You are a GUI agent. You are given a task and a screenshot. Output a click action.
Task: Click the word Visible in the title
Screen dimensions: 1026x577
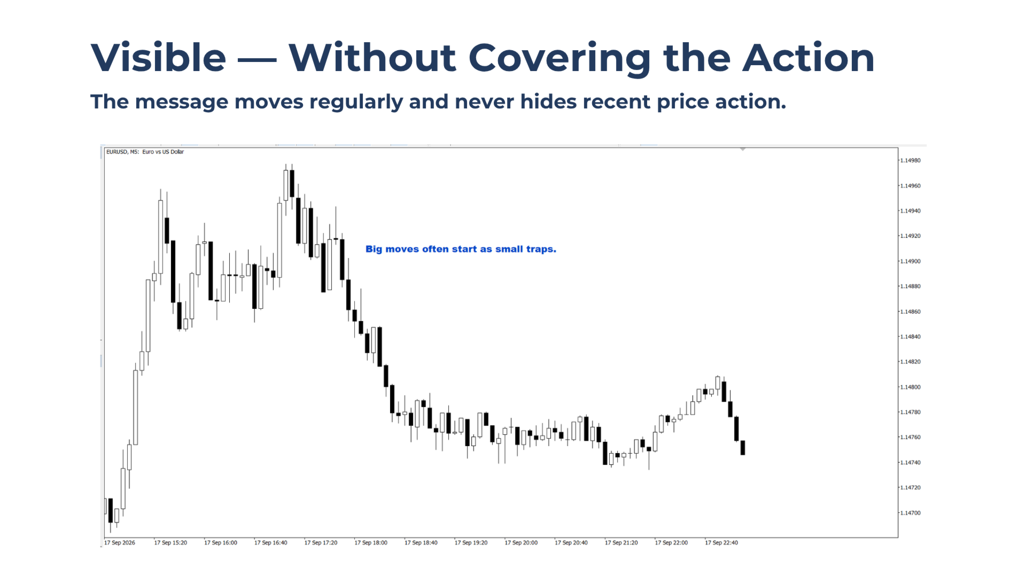tap(159, 57)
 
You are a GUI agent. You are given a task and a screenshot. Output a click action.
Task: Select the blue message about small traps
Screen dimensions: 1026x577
tap(461, 249)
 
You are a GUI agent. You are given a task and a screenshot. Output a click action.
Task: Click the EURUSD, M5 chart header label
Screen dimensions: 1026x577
tap(145, 152)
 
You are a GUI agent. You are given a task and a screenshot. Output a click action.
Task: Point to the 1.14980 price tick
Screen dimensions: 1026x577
tap(910, 160)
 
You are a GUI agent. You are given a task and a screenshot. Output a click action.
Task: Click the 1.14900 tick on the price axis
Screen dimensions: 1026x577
tap(910, 261)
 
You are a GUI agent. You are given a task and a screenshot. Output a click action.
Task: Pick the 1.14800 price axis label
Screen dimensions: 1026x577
tap(910, 387)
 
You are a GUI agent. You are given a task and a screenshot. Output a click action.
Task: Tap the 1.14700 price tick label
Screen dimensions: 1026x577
tap(910, 513)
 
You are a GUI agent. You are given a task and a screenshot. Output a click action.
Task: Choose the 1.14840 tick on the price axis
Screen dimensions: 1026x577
tap(910, 337)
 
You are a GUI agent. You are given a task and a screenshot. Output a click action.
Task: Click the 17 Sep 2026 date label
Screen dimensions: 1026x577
tap(120, 543)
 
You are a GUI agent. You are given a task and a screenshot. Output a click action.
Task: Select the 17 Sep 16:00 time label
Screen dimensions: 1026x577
tap(221, 543)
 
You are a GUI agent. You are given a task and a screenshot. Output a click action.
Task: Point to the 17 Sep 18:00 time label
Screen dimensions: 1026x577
tap(371, 543)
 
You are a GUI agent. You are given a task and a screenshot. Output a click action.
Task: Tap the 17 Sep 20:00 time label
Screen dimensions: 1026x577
tap(521, 543)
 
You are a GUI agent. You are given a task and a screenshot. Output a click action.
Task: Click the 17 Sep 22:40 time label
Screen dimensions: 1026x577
tap(721, 543)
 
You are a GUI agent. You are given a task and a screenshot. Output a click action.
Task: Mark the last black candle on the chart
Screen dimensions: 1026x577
tap(743, 448)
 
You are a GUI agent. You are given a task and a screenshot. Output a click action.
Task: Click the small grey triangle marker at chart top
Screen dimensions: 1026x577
tap(743, 150)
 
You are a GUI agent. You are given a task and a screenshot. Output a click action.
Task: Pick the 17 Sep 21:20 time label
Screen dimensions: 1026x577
tap(621, 543)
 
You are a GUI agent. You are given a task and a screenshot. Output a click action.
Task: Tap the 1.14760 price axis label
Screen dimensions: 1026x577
tap(910, 437)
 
